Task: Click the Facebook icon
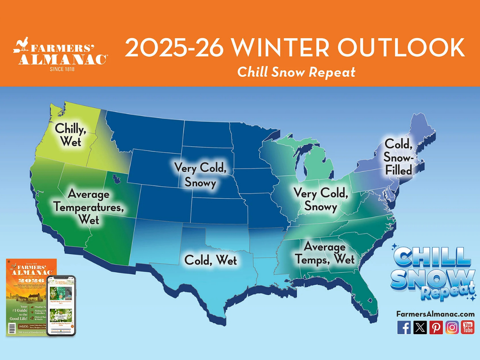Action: tap(404, 327)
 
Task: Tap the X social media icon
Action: tap(420, 327)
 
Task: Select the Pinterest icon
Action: tap(436, 327)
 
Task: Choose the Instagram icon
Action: tap(452, 327)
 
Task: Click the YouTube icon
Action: tap(467, 327)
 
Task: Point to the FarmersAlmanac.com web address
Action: tap(435, 314)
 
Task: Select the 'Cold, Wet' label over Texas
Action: tap(210, 260)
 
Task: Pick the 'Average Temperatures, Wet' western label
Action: tap(88, 206)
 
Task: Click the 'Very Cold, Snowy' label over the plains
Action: tap(200, 174)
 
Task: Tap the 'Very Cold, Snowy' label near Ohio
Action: tap(321, 199)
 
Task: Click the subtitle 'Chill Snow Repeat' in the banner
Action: tap(296, 72)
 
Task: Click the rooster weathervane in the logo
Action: tap(21, 45)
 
